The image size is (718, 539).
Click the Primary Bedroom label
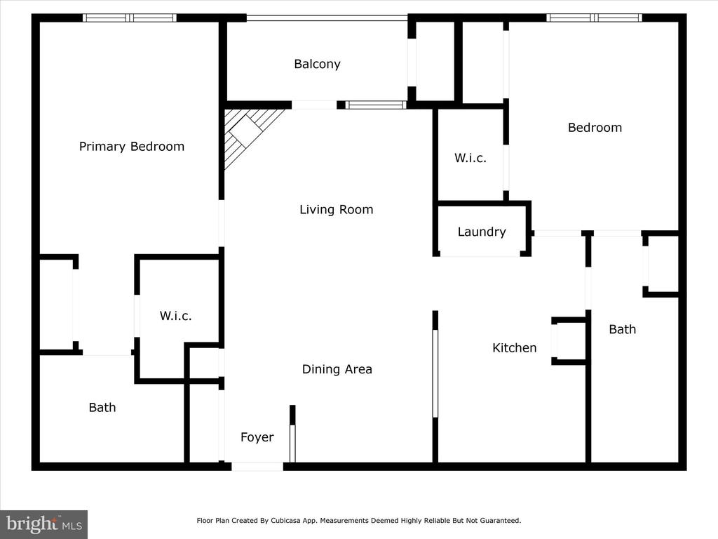pyautogui.click(x=131, y=147)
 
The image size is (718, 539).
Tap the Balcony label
pyautogui.click(x=318, y=64)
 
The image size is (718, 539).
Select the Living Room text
pyautogui.click(x=336, y=210)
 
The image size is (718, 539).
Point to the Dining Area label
pyautogui.click(x=337, y=369)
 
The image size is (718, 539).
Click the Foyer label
pyautogui.click(x=257, y=437)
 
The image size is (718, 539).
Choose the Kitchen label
pyautogui.click(x=514, y=348)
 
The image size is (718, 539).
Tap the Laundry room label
pyautogui.click(x=482, y=232)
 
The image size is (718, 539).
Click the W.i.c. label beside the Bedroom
pyautogui.click(x=470, y=158)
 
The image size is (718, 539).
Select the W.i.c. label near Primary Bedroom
pyautogui.click(x=175, y=316)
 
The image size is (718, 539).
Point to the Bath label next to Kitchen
pyautogui.click(x=623, y=329)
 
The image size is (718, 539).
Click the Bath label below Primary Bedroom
pyautogui.click(x=102, y=408)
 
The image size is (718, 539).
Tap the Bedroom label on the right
pyautogui.click(x=595, y=128)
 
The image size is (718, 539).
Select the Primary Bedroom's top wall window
pyautogui.click(x=130, y=18)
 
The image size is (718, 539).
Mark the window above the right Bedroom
pyautogui.click(x=594, y=18)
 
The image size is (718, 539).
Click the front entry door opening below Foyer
pyautogui.click(x=257, y=467)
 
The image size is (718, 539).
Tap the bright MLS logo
pyautogui.click(x=44, y=524)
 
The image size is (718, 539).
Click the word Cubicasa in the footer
pyautogui.click(x=286, y=521)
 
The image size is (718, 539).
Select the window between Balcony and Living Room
pyautogui.click(x=376, y=105)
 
